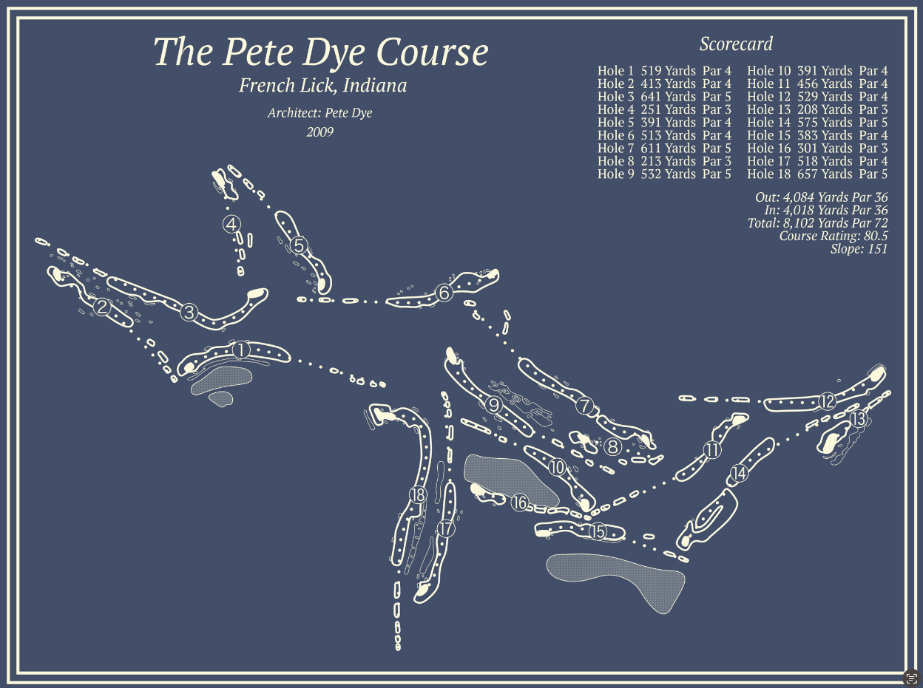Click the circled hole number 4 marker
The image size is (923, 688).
tap(232, 224)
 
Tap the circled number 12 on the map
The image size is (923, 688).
tap(827, 401)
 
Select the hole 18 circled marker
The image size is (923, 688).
tap(418, 494)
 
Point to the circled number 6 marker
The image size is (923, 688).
tap(444, 293)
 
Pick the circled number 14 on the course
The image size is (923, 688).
tap(738, 474)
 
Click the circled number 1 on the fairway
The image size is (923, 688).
tap(240, 350)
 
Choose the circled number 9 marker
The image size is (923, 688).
tap(494, 403)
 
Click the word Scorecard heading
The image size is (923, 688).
tap(736, 44)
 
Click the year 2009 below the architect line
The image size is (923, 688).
tap(320, 132)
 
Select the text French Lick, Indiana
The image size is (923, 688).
tap(322, 86)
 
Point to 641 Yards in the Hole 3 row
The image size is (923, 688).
tap(668, 97)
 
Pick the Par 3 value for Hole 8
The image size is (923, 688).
tap(717, 161)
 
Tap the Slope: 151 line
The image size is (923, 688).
tap(859, 249)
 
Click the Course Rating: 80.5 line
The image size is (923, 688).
tap(834, 236)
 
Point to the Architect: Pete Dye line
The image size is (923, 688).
tap(319, 113)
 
